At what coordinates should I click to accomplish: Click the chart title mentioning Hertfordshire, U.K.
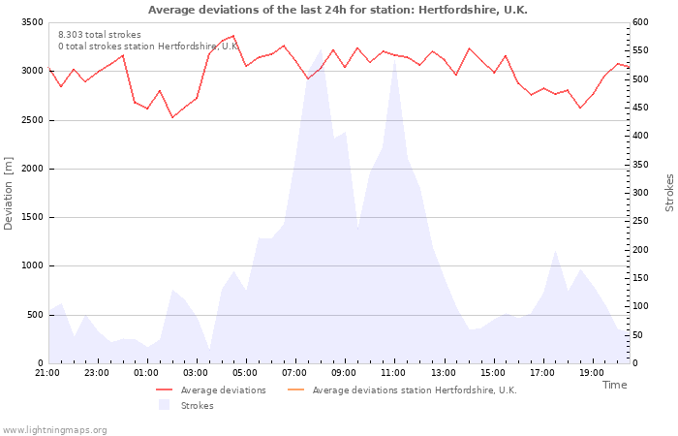click(x=338, y=10)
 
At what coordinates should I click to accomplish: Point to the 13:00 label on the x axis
click(x=444, y=373)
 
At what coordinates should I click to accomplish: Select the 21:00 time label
click(x=47, y=373)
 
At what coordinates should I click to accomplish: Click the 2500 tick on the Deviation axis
click(x=32, y=120)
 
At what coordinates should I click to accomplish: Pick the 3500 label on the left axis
click(x=32, y=22)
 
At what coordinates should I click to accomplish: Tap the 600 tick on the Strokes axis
click(x=640, y=22)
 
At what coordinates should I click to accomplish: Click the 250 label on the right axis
click(x=640, y=221)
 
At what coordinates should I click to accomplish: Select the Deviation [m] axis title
click(x=8, y=194)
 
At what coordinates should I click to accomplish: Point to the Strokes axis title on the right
click(x=669, y=193)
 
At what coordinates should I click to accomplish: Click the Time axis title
click(x=614, y=385)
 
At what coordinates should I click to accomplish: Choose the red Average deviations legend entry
click(x=211, y=390)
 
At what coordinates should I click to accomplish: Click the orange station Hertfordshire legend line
click(x=295, y=390)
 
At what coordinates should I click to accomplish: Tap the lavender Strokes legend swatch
click(x=164, y=405)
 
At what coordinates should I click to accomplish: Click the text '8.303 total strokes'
click(x=100, y=35)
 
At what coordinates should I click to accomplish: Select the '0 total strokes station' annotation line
click(x=148, y=47)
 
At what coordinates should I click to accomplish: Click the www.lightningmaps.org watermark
click(x=53, y=430)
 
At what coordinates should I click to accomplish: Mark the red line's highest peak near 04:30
click(x=233, y=36)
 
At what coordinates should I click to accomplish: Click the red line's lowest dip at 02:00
click(x=172, y=117)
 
